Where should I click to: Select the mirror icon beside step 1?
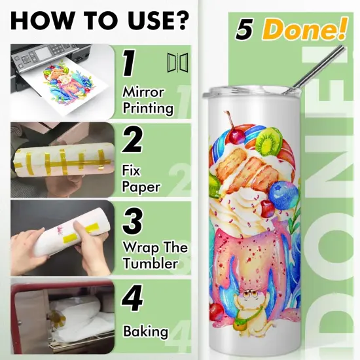point(175,63)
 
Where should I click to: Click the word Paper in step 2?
point(140,187)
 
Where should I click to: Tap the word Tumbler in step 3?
point(150,264)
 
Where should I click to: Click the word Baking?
point(145,331)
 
